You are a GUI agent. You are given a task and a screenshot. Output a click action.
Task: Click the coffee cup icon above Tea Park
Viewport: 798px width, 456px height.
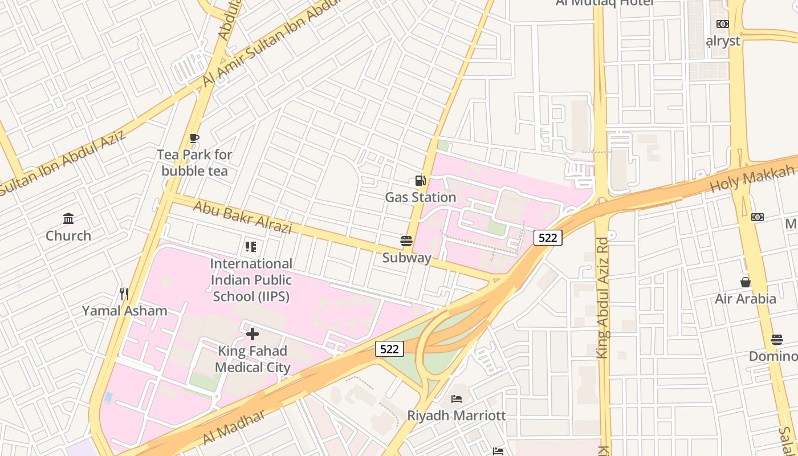point(194,138)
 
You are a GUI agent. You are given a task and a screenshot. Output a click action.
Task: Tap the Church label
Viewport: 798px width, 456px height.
point(68,235)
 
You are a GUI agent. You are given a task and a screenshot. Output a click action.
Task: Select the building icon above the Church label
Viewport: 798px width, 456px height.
point(68,218)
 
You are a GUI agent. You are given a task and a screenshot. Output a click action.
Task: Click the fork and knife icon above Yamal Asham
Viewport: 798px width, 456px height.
point(124,294)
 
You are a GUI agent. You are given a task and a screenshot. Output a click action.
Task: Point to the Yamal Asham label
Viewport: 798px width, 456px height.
point(124,311)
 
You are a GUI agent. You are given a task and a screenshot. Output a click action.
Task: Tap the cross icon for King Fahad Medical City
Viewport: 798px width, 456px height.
point(252,333)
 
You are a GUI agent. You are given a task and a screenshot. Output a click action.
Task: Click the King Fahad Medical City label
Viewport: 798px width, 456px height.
point(252,359)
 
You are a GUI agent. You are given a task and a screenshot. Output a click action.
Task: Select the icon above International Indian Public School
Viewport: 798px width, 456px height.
point(251,247)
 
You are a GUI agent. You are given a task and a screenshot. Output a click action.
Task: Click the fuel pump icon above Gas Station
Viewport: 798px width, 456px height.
point(420,181)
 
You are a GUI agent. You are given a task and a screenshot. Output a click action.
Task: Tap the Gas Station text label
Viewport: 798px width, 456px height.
point(420,197)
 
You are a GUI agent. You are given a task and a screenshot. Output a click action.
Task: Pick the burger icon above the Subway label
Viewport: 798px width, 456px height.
point(406,241)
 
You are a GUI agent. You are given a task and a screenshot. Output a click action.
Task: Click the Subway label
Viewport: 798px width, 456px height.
point(406,258)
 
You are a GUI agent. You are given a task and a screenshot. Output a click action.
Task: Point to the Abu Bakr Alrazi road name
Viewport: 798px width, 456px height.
point(243,217)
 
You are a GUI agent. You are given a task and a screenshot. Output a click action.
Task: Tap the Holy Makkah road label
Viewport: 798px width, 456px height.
point(752,178)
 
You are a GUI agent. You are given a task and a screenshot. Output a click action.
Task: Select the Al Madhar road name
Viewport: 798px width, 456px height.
point(234,427)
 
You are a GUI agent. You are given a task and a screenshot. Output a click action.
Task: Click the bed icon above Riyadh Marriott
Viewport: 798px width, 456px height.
point(457,398)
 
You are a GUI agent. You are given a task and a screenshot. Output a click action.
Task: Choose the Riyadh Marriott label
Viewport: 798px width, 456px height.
point(457,415)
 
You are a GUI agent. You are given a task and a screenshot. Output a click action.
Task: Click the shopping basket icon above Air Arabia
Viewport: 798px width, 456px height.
point(745,282)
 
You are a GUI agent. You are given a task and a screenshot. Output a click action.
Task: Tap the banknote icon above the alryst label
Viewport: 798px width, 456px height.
point(723,24)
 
